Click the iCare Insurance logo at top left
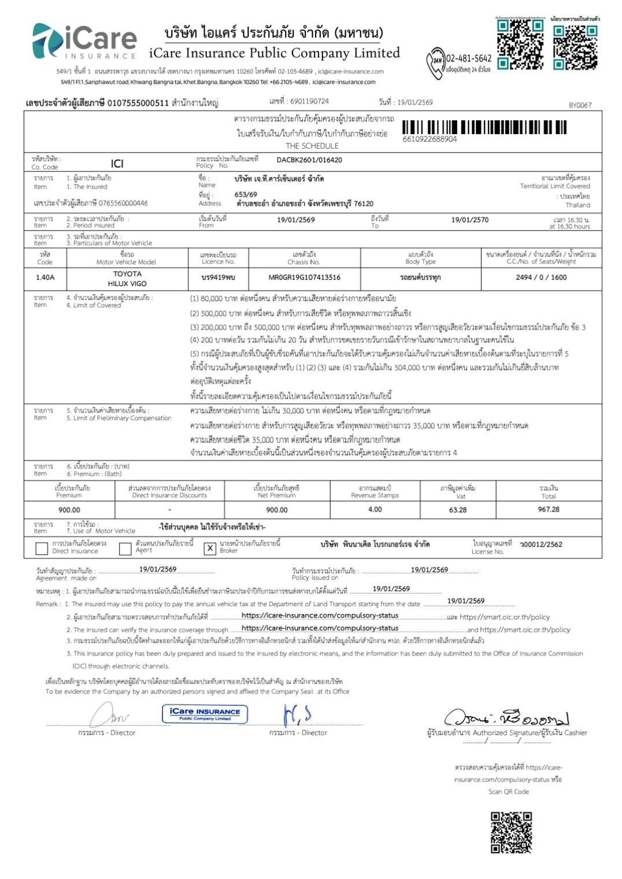[84, 42]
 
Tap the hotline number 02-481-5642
[469, 58]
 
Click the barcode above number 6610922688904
[484, 127]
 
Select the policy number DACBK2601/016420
[309, 160]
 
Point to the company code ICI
[117, 164]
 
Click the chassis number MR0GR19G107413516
[304, 277]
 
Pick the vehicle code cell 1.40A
[45, 277]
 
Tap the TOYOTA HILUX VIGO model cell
[127, 279]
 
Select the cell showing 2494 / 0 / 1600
[541, 277]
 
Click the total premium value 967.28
[549, 509]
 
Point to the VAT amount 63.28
[457, 510]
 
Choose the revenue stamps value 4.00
[375, 509]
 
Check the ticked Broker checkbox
[210, 548]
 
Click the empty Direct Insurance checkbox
[42, 548]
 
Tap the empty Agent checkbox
[125, 548]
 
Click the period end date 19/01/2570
[469, 220]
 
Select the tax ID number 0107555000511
[138, 103]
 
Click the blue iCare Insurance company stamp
[205, 714]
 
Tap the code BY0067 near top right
[580, 105]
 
